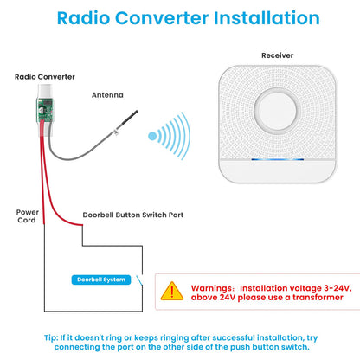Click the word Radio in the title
[x=84, y=18]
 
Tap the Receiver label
[x=277, y=55]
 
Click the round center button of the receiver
[x=277, y=110]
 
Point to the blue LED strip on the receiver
[x=277, y=159]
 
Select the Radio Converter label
[x=45, y=77]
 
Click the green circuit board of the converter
[x=45, y=110]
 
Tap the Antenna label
[x=107, y=95]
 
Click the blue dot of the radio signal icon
[x=152, y=136]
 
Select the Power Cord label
[x=27, y=216]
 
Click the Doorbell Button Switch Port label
[x=133, y=215]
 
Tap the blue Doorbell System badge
[x=101, y=280]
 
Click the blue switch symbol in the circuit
[x=139, y=280]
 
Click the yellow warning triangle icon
[x=172, y=292]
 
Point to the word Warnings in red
[x=211, y=288]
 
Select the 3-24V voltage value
[x=337, y=288]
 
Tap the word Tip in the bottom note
[x=51, y=337]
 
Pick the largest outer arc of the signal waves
[x=187, y=136]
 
